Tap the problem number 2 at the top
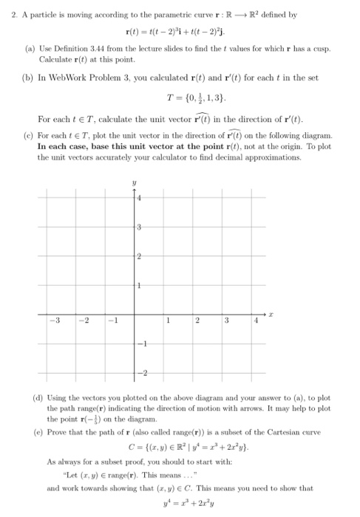point(14,14)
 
